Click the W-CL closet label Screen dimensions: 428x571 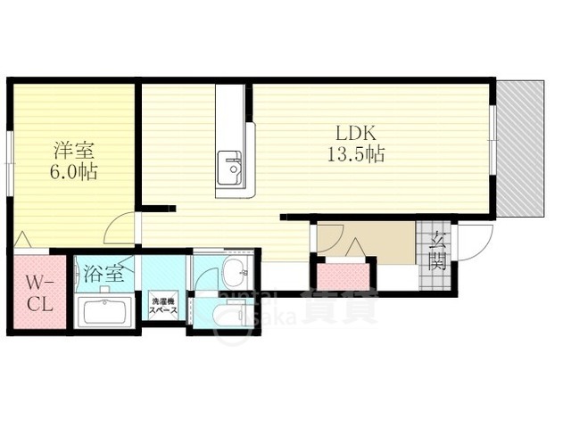(x=38, y=292)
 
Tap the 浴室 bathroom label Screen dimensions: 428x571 (x=103, y=275)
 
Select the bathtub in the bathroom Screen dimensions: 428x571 (x=104, y=313)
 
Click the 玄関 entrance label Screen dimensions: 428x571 (x=437, y=251)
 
